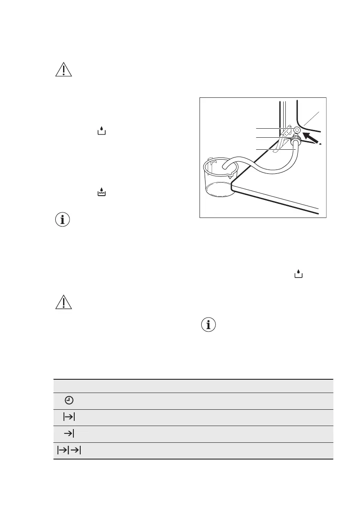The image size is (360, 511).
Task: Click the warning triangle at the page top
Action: (x=64, y=69)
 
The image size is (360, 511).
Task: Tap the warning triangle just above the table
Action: (x=64, y=302)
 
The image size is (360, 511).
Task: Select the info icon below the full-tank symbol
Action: (x=64, y=220)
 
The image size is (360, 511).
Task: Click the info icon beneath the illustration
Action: (x=209, y=325)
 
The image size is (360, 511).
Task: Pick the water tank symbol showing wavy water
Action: (x=102, y=194)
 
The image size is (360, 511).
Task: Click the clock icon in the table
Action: (x=69, y=401)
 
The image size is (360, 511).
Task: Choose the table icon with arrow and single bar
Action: (x=69, y=434)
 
